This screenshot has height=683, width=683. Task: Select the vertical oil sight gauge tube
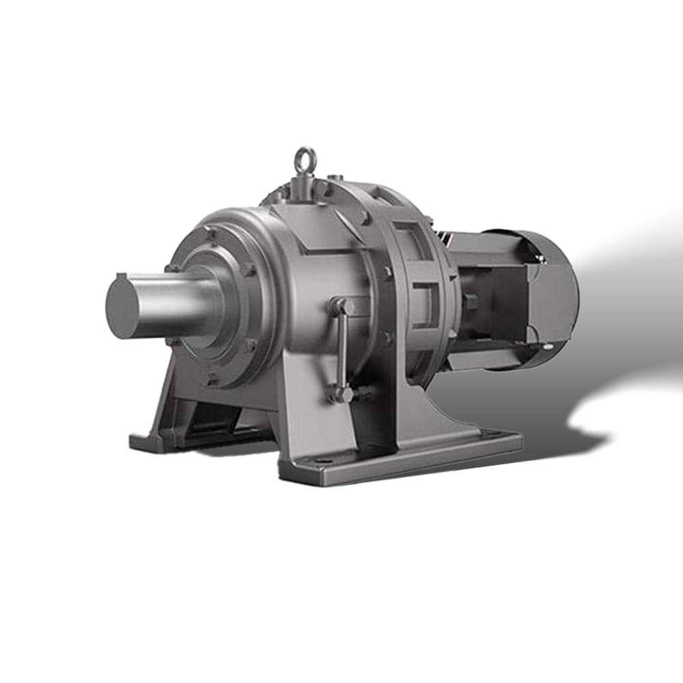(x=344, y=348)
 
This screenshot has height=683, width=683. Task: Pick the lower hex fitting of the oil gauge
(x=342, y=394)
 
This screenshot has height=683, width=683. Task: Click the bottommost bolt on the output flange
(x=212, y=375)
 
